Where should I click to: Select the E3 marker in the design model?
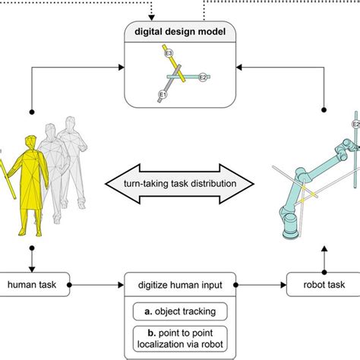pos(169,53)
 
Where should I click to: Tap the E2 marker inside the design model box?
pos(202,77)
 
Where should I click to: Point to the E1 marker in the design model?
pos(162,95)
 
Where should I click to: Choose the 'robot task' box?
pos(318,285)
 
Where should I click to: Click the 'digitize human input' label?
pos(180,285)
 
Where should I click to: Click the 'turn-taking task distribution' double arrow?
pos(180,184)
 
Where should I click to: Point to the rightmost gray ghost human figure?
pos(72,152)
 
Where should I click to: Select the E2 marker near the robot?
pos(355,125)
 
